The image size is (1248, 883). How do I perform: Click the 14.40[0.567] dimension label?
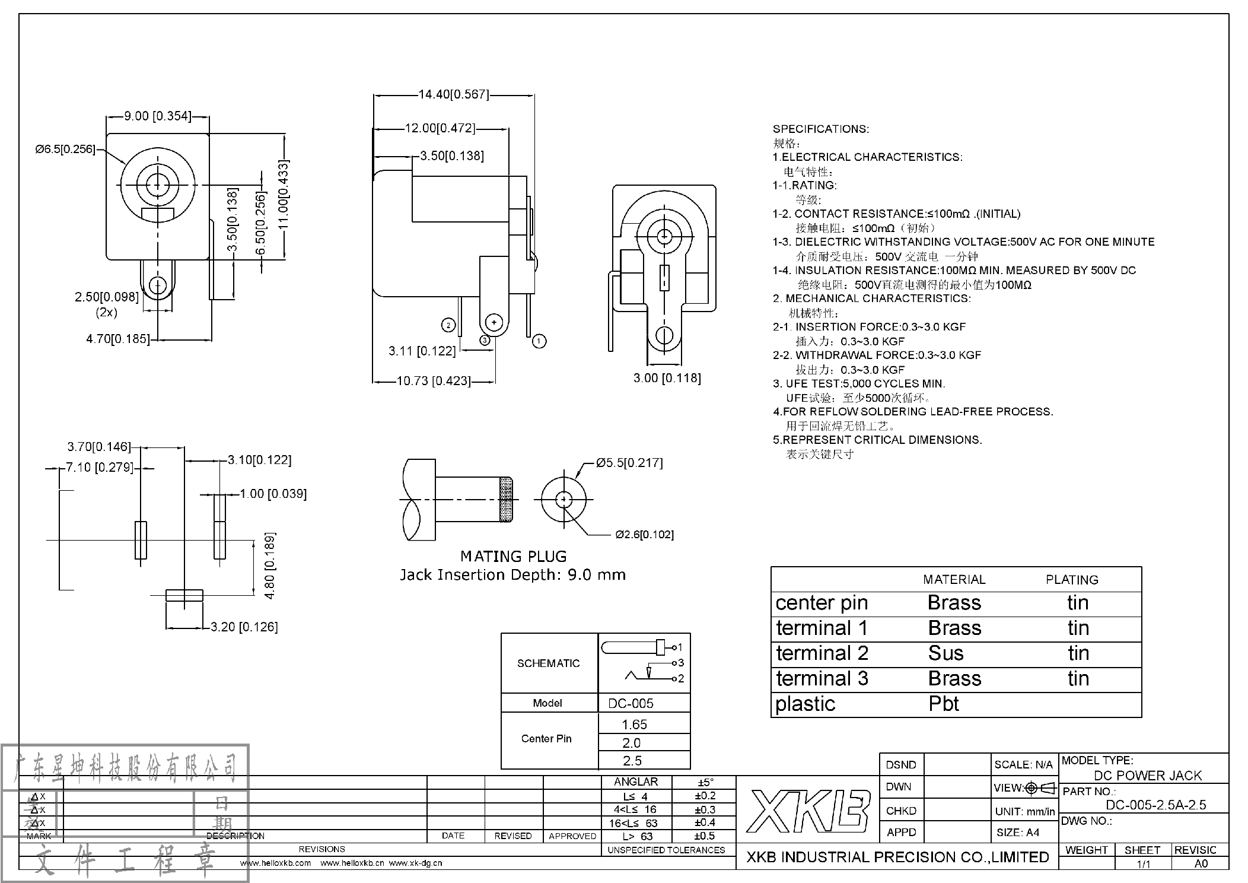[x=454, y=94]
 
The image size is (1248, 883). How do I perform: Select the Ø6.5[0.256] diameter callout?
[x=65, y=149]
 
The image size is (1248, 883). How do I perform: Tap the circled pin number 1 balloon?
[x=539, y=341]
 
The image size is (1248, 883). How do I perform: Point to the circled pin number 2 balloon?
[x=448, y=325]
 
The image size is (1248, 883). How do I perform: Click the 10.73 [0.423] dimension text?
[x=433, y=381]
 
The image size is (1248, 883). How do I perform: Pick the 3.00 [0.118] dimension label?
[x=667, y=378]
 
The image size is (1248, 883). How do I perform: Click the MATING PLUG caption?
[x=513, y=557]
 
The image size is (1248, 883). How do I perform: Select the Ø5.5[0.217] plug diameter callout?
[x=629, y=463]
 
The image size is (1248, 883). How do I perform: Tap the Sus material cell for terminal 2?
[x=945, y=653]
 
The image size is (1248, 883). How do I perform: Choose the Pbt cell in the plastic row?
[x=944, y=704]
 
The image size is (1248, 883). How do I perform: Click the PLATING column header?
[x=1071, y=580]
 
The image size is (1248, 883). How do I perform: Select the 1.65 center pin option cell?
[x=634, y=725]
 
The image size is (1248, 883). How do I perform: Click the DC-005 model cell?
[x=631, y=703]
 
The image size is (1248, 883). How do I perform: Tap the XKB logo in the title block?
[x=808, y=811]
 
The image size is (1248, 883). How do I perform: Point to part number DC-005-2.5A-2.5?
[x=1155, y=805]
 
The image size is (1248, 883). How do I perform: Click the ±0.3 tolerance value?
[x=705, y=809]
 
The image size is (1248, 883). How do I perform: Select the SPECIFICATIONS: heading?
[x=820, y=129]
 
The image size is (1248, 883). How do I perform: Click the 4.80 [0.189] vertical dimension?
[x=270, y=566]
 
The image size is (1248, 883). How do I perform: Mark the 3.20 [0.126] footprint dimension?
[x=244, y=627]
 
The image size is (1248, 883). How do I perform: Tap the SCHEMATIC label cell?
[x=548, y=663]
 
